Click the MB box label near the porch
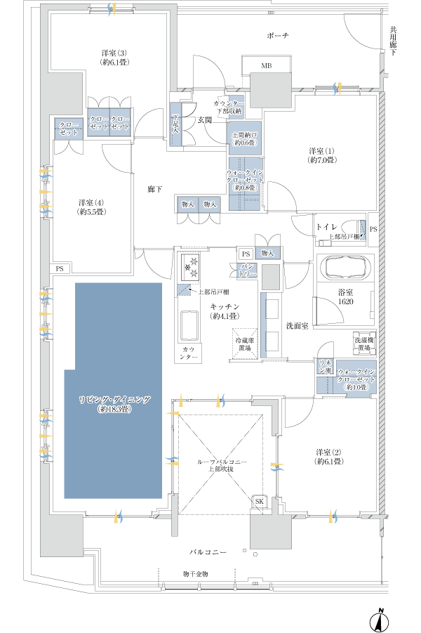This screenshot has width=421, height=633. tap(266, 66)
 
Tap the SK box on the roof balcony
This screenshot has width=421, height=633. tap(259, 501)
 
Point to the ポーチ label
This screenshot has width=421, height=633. tap(278, 35)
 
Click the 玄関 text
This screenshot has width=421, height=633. tap(204, 120)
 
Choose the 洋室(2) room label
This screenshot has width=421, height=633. tap(328, 457)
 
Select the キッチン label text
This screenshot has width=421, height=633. tap(225, 311)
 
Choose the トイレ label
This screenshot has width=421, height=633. tap(326, 226)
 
